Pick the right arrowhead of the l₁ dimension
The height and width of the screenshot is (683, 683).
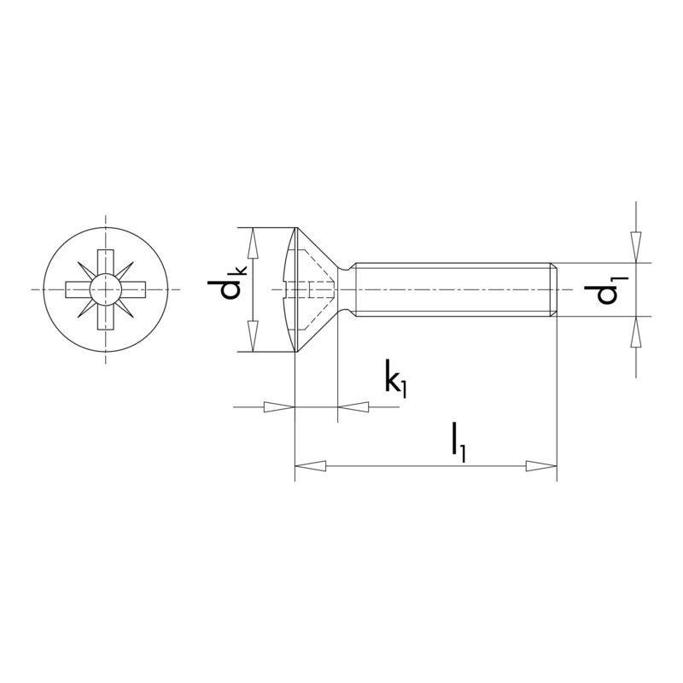point(541,466)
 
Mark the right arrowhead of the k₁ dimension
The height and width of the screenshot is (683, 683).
point(355,408)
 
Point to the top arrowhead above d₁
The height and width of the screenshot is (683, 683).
point(635,247)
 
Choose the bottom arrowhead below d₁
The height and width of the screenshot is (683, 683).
point(635,333)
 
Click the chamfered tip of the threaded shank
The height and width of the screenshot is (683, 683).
point(554,289)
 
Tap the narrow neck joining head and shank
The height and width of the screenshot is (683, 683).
point(346,289)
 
